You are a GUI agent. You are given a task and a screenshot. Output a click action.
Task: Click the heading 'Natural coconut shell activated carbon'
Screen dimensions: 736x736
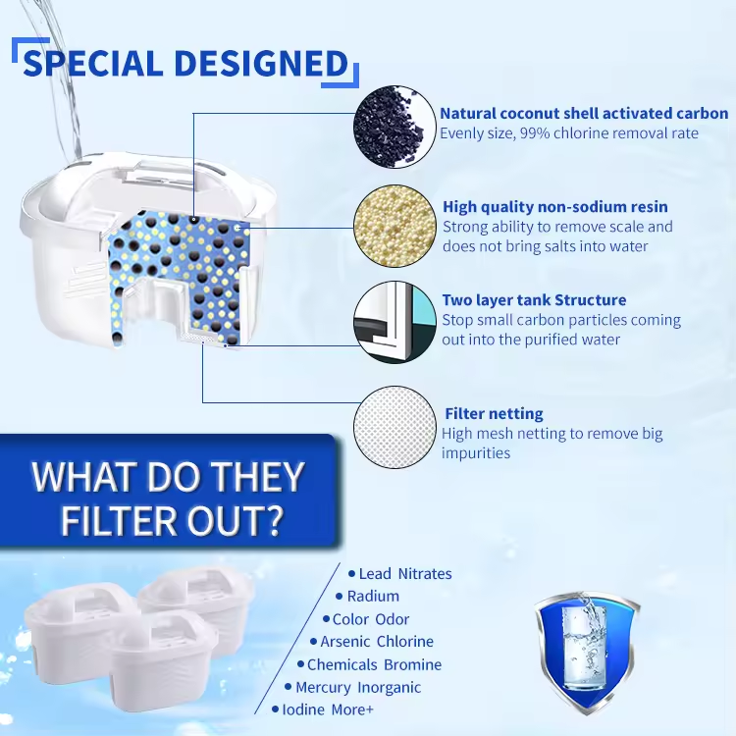[x=584, y=114]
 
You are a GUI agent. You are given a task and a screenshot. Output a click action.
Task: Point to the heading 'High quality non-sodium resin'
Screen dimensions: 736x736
[x=554, y=207]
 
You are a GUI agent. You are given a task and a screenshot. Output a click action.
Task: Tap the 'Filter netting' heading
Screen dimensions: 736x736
[x=494, y=413]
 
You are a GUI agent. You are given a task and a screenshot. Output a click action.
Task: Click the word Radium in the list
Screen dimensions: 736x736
[x=373, y=596]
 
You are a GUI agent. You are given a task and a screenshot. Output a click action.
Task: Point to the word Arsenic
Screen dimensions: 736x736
[x=347, y=642]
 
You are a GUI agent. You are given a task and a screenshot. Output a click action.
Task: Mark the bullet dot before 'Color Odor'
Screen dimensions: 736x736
[x=325, y=619]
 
